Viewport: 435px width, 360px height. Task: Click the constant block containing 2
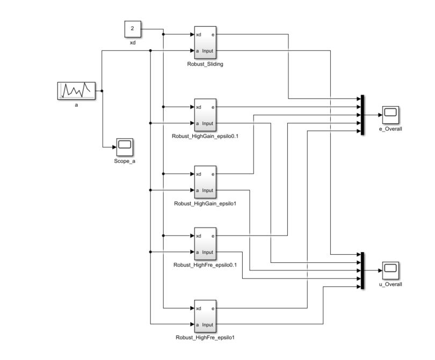[132, 28]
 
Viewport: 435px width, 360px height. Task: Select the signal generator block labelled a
[76, 91]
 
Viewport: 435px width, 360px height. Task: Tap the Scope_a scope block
[125, 145]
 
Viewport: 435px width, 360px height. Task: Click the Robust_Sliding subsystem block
[205, 43]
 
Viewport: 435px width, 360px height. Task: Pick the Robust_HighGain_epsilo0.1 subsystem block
[205, 115]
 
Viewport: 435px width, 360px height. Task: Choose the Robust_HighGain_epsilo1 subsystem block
[205, 182]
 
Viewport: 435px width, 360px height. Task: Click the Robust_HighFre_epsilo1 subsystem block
[205, 317]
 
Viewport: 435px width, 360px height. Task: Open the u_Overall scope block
[390, 270]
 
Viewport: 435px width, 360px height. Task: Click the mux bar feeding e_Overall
[363, 115]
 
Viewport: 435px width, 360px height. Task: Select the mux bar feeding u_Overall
[363, 271]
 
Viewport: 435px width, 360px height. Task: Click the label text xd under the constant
[133, 42]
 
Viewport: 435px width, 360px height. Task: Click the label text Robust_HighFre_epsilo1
[205, 338]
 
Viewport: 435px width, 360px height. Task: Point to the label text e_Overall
[390, 129]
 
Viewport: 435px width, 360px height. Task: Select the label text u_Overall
[390, 284]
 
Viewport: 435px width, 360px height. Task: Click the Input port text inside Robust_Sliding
[207, 51]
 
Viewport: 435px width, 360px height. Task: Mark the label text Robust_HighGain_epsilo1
[205, 204]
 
